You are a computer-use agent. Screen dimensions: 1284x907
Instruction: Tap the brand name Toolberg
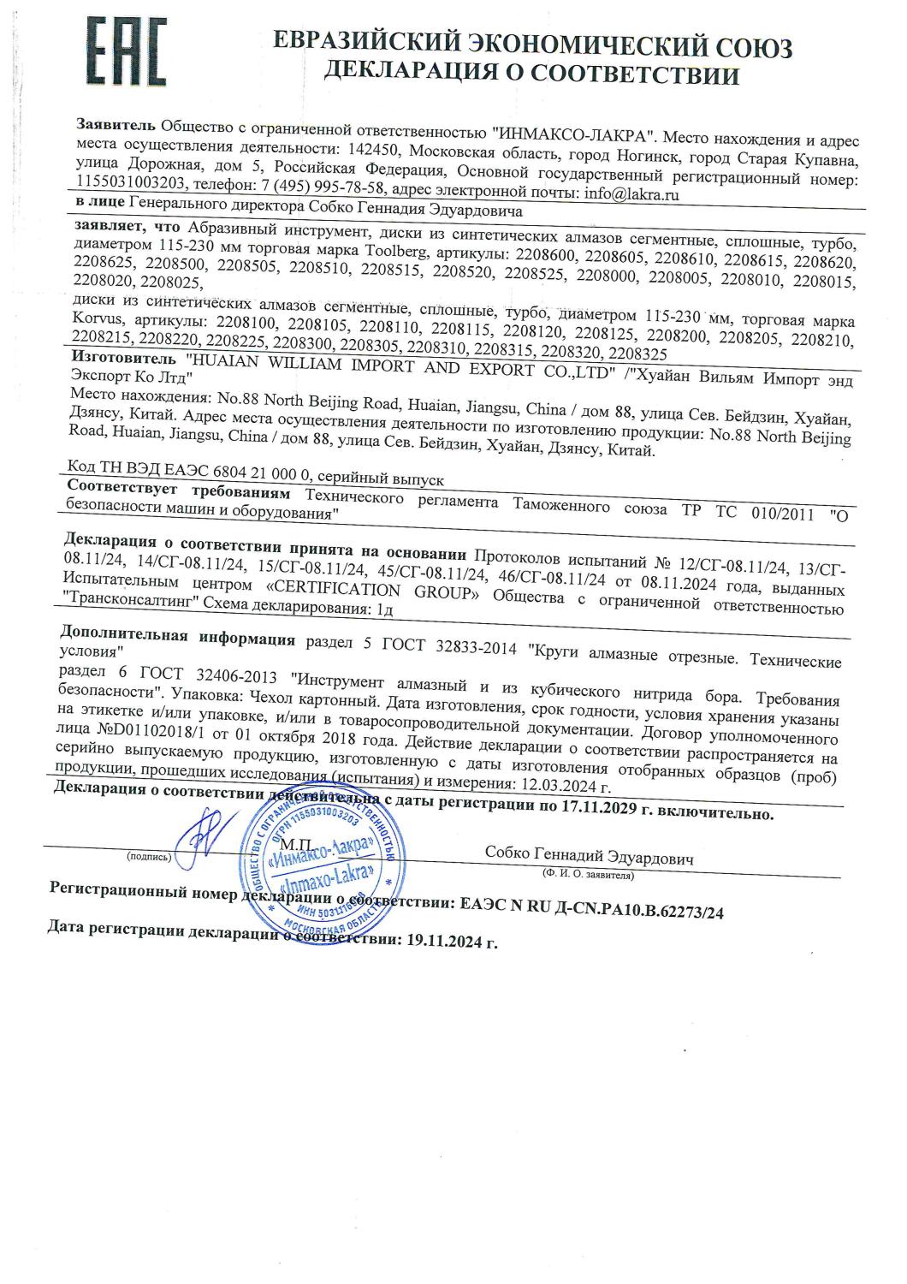407,253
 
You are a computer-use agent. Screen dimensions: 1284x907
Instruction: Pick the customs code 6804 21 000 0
242,482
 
